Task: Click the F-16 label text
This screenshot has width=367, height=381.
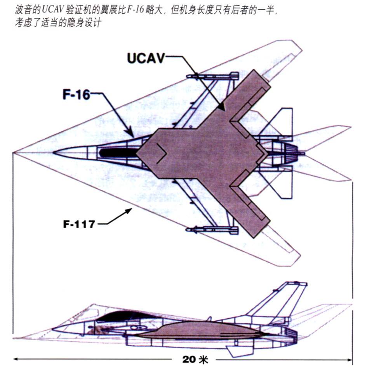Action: [x=76, y=94]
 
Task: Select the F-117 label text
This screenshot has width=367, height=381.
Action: [x=79, y=224]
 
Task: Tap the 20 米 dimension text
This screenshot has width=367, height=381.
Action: [x=195, y=360]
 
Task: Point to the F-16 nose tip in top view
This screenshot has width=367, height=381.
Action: [x=54, y=152]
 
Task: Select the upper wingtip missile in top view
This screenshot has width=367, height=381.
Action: [x=212, y=76]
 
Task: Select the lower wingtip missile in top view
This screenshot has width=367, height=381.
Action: [x=212, y=230]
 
